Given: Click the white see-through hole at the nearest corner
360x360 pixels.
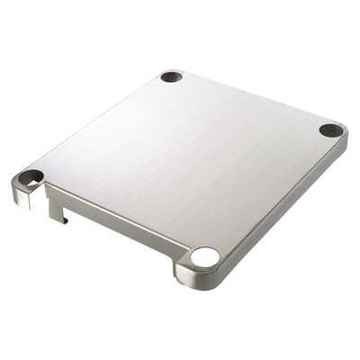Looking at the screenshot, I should point(204,257).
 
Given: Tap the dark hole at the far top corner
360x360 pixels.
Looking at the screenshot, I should point(171,76).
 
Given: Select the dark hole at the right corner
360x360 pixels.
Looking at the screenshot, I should point(330,130).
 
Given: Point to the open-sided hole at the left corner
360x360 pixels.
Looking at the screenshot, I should point(31,176).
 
